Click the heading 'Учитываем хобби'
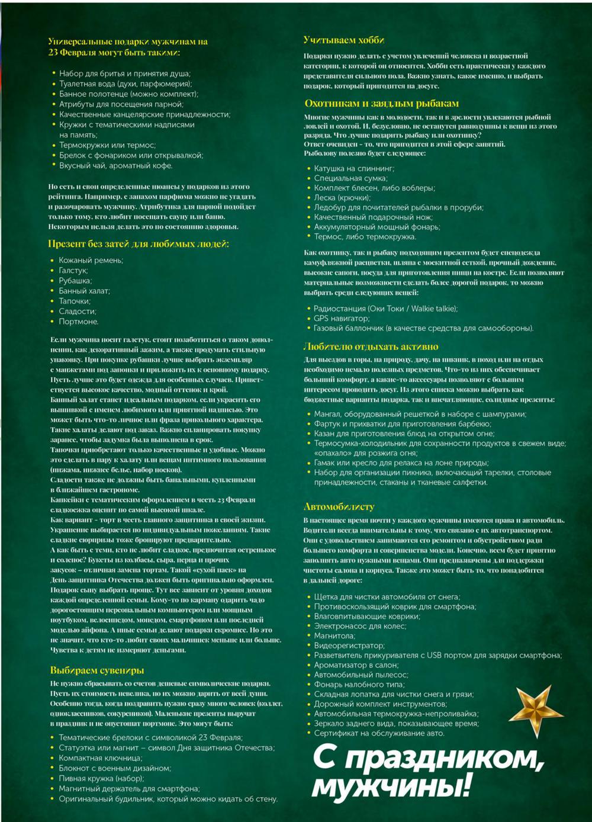coord(343,40)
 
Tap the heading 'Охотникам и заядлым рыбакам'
coord(381,103)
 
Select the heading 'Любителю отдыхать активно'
coord(371,346)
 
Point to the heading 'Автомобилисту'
coord(339,506)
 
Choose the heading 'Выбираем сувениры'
coord(97,670)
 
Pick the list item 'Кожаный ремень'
coord(91,260)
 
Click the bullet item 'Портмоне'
coord(78,322)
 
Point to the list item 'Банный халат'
coord(84,291)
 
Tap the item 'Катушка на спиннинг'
coord(354,168)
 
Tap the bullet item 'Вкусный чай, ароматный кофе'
coord(115,166)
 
